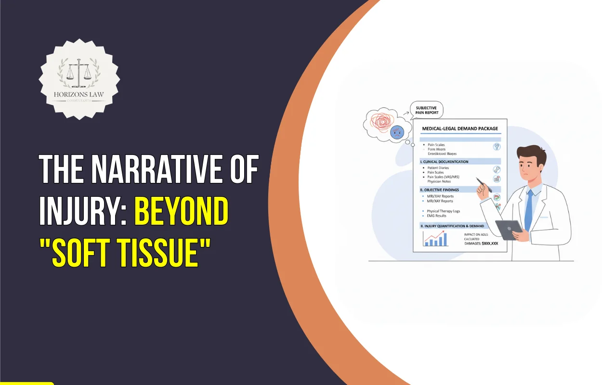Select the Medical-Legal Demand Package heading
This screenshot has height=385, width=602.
tap(460, 128)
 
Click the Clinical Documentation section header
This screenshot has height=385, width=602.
tap(445, 162)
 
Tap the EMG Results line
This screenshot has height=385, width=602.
tap(437, 216)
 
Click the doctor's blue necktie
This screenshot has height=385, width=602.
tap(528, 207)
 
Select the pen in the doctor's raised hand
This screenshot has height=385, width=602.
tap(483, 184)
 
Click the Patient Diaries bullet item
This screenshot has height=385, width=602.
tap(438, 168)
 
